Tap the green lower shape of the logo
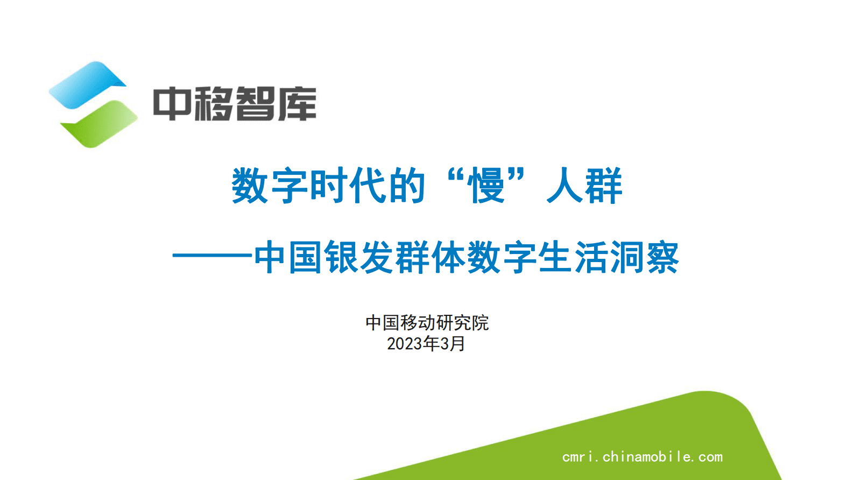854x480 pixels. [x=100, y=124]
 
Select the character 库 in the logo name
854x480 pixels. [x=297, y=103]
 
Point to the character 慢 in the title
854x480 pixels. [x=486, y=186]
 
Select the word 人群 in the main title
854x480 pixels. [x=584, y=186]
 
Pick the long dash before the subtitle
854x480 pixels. [x=212, y=257]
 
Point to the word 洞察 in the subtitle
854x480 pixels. [x=644, y=257]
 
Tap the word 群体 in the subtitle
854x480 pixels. [x=430, y=257]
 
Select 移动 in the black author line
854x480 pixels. [x=418, y=323]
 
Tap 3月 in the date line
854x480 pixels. [x=453, y=344]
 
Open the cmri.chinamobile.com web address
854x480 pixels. [x=642, y=457]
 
